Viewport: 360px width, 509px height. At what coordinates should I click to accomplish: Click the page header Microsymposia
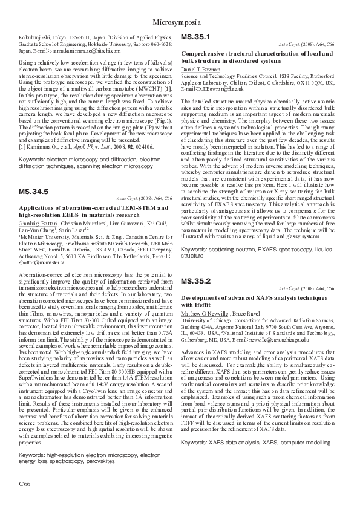(180, 22)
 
